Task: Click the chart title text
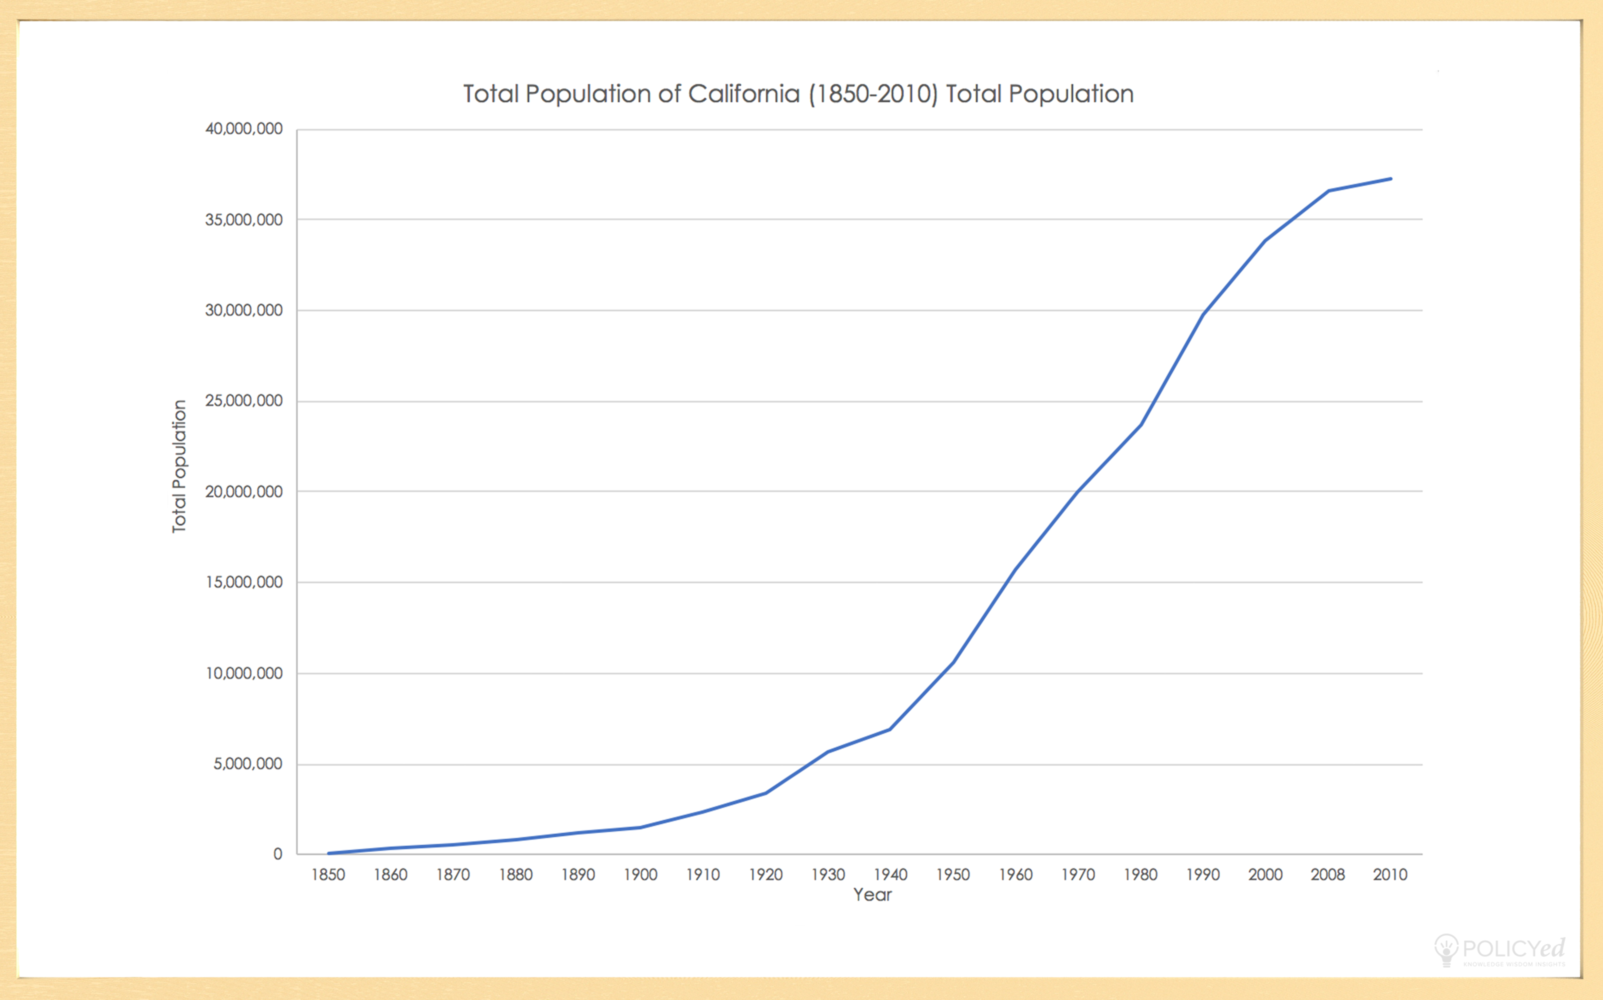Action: click(798, 94)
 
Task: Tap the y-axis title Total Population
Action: click(179, 466)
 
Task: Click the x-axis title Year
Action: click(872, 895)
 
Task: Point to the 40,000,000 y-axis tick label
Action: click(243, 129)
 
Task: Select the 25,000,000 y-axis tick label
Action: click(243, 401)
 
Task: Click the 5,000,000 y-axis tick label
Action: click(247, 764)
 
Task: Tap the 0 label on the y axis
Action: click(277, 854)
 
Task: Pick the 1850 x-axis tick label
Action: click(328, 875)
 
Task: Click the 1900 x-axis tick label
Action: click(640, 875)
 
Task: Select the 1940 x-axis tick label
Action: click(890, 875)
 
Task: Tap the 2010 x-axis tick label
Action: click(1390, 875)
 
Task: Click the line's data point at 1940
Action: click(890, 729)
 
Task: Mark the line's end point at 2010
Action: click(1390, 178)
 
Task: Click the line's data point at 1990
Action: click(1203, 314)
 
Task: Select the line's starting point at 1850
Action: click(328, 853)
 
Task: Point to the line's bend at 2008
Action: click(1328, 190)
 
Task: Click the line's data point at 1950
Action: click(953, 662)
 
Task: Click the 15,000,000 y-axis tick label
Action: click(243, 582)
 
